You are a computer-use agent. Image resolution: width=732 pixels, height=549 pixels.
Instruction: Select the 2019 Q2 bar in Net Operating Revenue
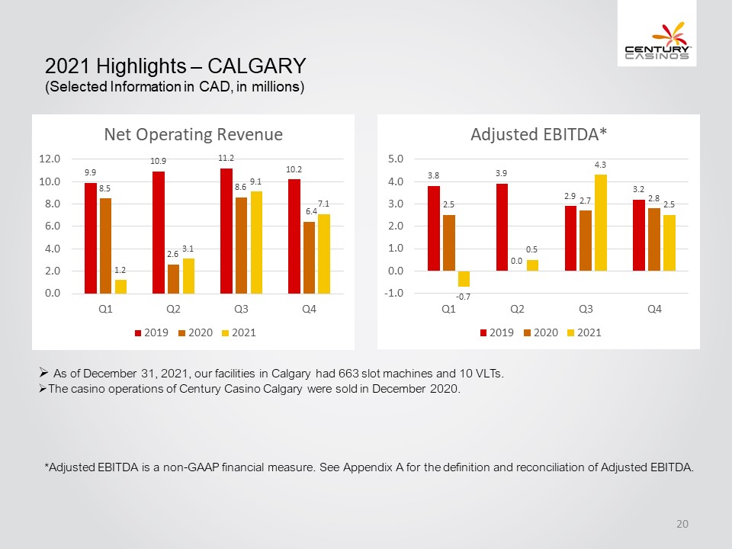coord(159,233)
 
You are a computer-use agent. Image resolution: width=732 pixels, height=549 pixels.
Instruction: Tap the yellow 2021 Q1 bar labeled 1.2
coord(120,287)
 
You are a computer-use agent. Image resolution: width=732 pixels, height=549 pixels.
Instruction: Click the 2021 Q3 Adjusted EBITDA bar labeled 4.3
coord(600,223)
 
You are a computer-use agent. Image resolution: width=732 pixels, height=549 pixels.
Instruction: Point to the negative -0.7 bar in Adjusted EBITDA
coord(464,279)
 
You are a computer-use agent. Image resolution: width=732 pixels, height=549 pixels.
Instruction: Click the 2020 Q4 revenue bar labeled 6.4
coord(309,258)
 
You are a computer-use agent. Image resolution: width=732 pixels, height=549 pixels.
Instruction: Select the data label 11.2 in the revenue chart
coord(226,159)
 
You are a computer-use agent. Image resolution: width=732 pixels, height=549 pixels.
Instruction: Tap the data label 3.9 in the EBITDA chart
coord(501,173)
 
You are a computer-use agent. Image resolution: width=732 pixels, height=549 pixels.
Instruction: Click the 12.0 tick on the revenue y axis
coord(50,159)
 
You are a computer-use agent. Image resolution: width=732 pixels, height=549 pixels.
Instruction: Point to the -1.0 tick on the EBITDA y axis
coord(393,293)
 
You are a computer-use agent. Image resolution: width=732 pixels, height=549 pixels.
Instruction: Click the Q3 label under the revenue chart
coord(241,309)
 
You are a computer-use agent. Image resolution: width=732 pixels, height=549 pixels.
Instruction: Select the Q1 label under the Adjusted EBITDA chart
coord(448,309)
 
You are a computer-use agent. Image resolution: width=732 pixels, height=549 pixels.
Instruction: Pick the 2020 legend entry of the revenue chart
coord(196,333)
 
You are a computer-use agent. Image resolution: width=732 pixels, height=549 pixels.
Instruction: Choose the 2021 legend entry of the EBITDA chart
coord(584,333)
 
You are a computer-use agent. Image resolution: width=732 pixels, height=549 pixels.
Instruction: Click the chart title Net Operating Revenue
coord(193,134)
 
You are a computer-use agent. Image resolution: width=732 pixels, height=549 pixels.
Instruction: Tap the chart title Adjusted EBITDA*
coord(539,134)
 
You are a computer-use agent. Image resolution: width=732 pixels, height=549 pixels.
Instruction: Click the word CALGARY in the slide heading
coord(257,66)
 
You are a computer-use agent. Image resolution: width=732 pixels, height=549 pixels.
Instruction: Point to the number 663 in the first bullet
coord(348,374)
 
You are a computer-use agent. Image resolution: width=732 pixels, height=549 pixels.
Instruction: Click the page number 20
coord(682,524)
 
